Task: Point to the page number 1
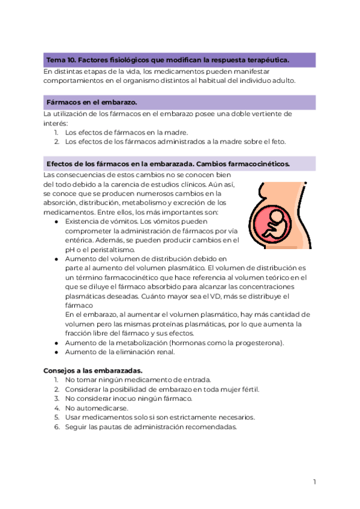[314, 481]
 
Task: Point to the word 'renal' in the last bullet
[164, 352]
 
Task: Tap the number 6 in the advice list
[56, 427]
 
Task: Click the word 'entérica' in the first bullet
[80, 240]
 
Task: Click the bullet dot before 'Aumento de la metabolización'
[56, 343]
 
